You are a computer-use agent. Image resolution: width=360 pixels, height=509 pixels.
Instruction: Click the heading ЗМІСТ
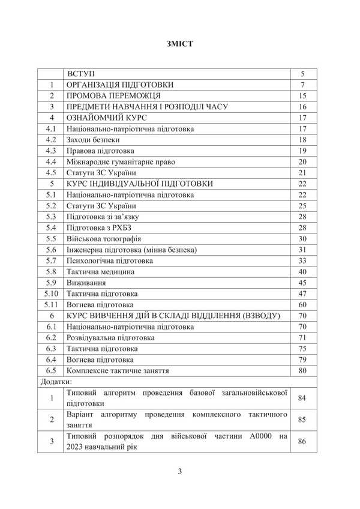point(179,44)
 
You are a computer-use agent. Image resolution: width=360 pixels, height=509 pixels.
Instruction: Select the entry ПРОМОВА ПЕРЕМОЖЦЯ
point(113,95)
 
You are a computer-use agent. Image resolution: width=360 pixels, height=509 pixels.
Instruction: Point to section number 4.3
point(52,151)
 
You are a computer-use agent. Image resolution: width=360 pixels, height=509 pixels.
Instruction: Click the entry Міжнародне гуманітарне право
point(118,161)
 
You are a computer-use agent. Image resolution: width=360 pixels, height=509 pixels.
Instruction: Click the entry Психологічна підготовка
point(110,261)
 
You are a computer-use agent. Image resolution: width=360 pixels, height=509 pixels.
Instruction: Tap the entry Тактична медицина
point(101,272)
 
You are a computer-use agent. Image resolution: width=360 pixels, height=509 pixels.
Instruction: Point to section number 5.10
point(52,294)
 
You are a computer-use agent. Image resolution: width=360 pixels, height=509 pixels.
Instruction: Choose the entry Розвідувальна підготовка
point(110,338)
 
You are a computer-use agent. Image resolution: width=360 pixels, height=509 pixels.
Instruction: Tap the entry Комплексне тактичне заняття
point(118,371)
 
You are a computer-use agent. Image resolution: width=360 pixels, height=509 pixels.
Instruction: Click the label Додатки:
point(56,382)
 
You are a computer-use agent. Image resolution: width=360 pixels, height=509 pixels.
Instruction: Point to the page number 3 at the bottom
point(179,471)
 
